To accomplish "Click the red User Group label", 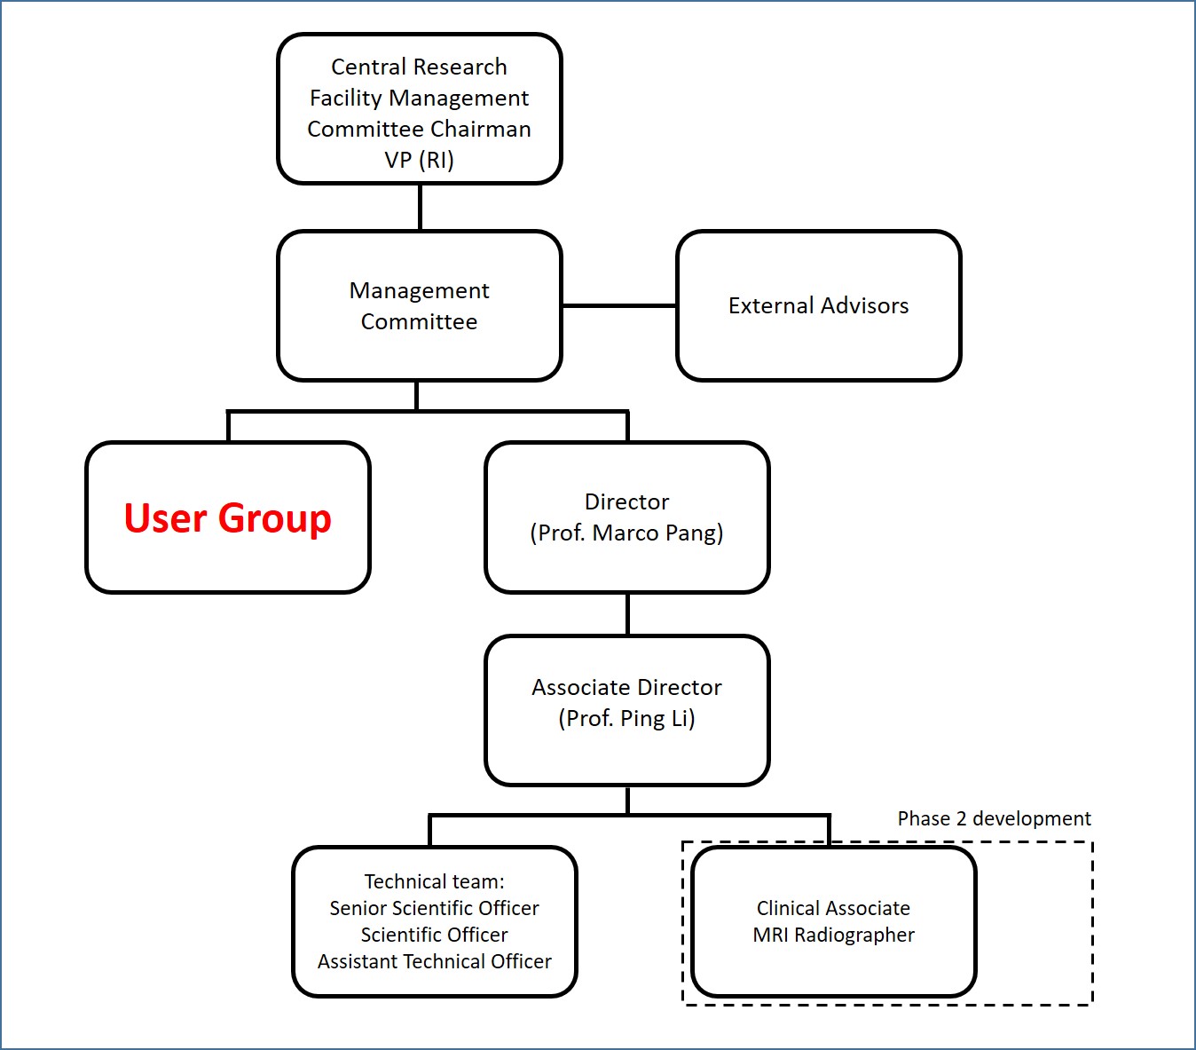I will (227, 518).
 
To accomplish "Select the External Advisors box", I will (818, 306).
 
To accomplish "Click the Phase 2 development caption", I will (994, 818).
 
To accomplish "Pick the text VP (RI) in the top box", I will (419, 161).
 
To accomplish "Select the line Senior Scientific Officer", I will (434, 909).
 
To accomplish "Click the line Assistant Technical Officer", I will (434, 962).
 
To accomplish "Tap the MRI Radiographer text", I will (833, 936).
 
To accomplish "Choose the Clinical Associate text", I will (833, 909).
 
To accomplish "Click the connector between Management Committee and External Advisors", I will (619, 305).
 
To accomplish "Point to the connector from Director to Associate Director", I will (627, 614).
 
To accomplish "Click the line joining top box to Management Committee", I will (420, 208).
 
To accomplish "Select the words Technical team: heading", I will (434, 882).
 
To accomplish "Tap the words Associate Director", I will (626, 688).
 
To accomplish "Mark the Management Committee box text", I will (419, 306).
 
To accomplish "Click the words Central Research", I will (419, 67).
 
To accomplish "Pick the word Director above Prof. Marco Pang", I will (626, 502).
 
